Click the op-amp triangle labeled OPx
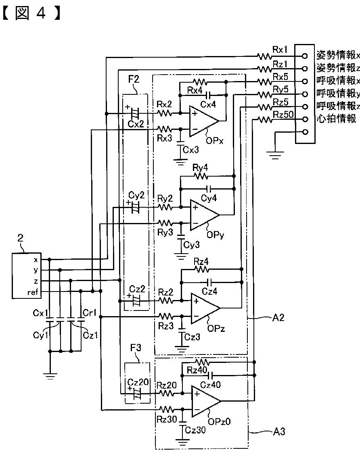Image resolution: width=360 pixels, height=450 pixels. [x=203, y=121]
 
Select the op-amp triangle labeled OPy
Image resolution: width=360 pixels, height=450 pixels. [x=204, y=215]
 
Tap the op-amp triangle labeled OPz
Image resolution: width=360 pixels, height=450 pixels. [x=205, y=308]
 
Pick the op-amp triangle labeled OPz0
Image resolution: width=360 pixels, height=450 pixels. [x=205, y=401]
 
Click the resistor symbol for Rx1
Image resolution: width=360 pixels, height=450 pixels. [x=265, y=56]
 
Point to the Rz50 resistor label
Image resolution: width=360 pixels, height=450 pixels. [x=283, y=115]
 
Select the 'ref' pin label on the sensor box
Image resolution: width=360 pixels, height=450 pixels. [x=32, y=292]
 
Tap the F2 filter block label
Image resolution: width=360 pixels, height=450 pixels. [x=134, y=79]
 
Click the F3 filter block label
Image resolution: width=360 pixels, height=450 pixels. [x=136, y=348]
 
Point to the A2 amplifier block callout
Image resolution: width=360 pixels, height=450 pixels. [x=278, y=317]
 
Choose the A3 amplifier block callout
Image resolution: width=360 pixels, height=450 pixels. [x=279, y=431]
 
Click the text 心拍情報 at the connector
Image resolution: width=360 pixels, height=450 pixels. [x=337, y=119]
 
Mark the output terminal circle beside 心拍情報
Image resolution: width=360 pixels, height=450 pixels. [x=305, y=119]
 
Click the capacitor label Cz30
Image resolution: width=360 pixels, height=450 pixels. [x=195, y=430]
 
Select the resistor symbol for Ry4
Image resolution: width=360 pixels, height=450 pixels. [x=201, y=176]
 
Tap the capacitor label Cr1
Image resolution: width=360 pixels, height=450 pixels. [x=89, y=312]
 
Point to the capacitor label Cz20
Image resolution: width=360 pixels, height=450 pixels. [x=138, y=382]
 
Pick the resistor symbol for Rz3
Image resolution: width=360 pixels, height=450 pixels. [x=166, y=317]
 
